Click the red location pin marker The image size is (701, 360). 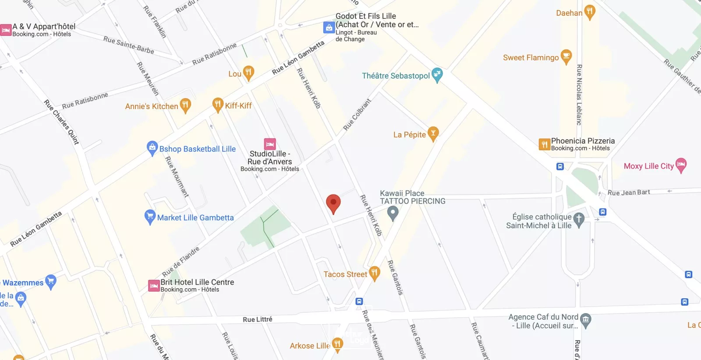tap(333, 203)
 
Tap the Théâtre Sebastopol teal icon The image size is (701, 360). tap(437, 75)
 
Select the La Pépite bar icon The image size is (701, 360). tap(433, 134)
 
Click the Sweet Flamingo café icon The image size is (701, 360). tap(566, 56)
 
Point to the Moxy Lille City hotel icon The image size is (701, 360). tap(681, 165)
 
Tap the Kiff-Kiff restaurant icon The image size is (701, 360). tap(218, 105)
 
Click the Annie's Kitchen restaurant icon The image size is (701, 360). tap(185, 105)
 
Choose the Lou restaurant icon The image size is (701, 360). tap(248, 73)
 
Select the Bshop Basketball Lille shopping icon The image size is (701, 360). tap(152, 148)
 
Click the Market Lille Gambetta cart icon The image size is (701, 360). tap(150, 216)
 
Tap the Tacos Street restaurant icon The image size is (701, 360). tap(374, 273)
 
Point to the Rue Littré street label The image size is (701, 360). tap(258, 319)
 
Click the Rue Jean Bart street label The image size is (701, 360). tap(629, 192)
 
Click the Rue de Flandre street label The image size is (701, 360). tap(181, 261)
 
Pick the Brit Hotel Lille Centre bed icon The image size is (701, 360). tap(154, 286)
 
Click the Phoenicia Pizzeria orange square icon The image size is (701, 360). tap(544, 144)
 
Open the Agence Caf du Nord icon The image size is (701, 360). tap(586, 320)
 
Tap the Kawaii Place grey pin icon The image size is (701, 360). tap(393, 213)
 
